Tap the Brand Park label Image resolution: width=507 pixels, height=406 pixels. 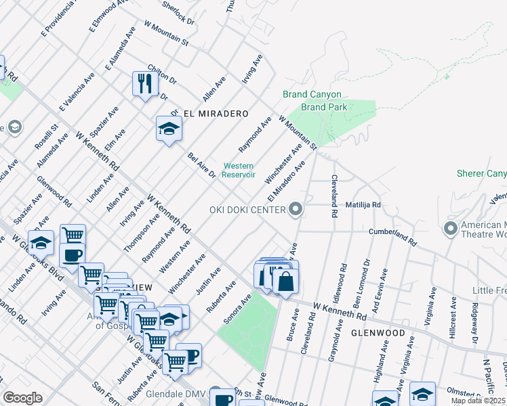point(324,107)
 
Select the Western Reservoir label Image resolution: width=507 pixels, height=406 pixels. point(239,170)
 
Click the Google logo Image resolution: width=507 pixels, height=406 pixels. point(23,398)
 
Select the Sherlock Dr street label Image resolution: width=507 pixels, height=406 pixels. point(179,12)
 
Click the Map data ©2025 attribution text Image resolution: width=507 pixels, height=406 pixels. point(479,401)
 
